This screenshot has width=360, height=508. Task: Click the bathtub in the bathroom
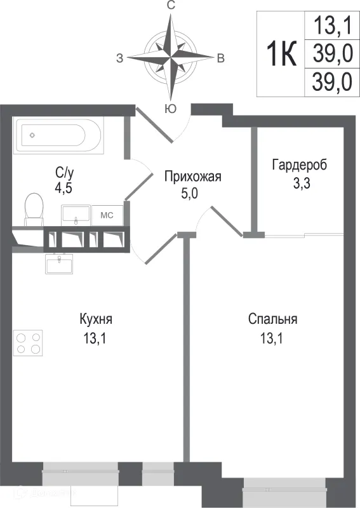coord(53,135)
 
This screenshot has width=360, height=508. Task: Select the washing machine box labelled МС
coord(107,215)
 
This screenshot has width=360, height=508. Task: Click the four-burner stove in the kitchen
coord(28,343)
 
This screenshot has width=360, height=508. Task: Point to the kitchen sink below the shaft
coord(59,262)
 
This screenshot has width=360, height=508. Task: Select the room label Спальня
coord(272,319)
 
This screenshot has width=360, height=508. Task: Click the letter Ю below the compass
coord(170,109)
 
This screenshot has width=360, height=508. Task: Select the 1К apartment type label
coord(280,55)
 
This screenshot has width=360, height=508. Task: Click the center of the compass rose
coord(171,56)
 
